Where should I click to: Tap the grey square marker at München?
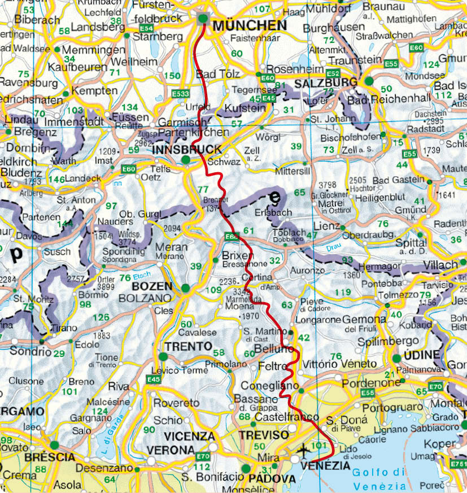(x=203, y=19)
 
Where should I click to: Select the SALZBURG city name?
(x=324, y=83)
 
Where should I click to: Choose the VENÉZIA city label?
(x=326, y=466)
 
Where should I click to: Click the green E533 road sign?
(x=181, y=93)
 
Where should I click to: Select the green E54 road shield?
(x=146, y=28)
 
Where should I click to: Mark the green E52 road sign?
(x=333, y=73)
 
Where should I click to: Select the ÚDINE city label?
(x=420, y=355)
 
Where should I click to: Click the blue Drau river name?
(x=334, y=247)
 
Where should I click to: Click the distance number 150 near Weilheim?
(x=171, y=76)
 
